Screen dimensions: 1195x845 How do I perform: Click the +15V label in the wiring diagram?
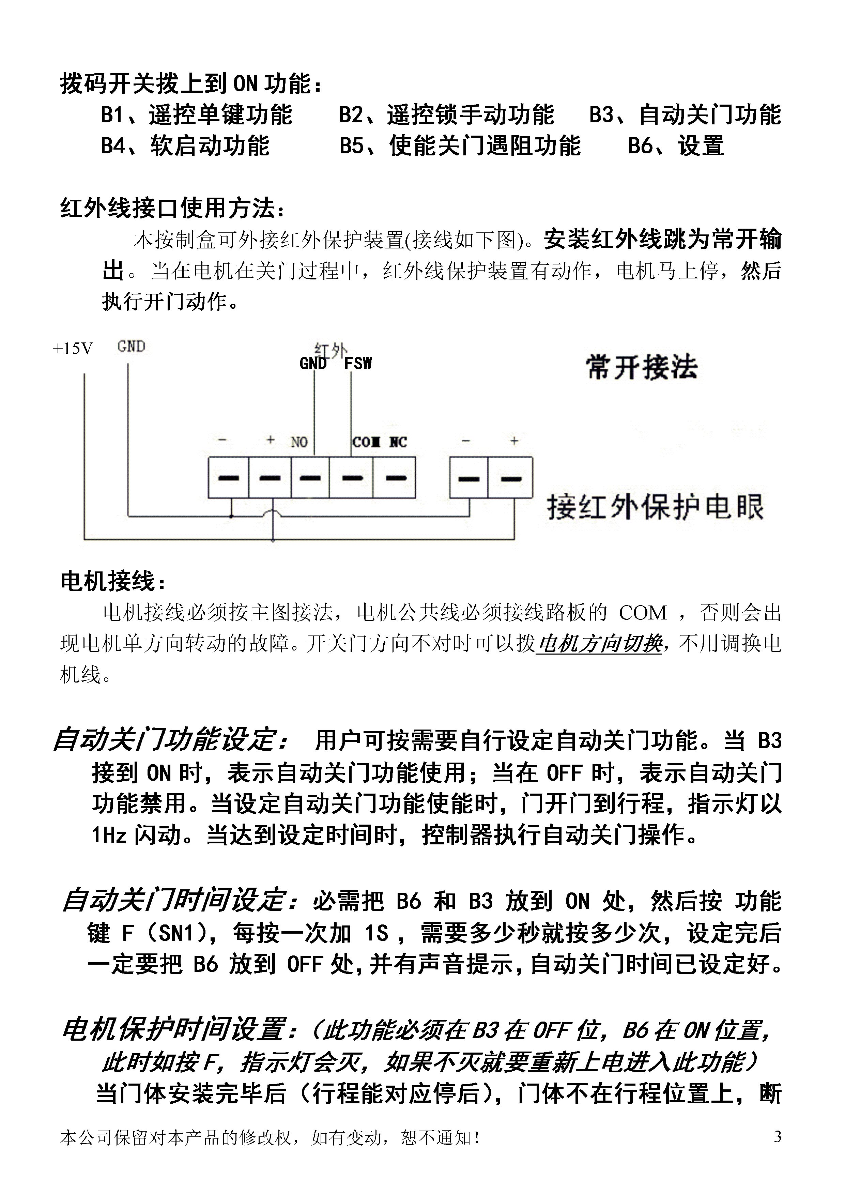73,349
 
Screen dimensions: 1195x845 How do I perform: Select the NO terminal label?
299,442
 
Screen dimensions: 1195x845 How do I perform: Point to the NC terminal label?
398,442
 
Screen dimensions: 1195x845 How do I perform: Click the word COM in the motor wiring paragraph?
643,613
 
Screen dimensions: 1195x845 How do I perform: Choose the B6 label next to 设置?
640,146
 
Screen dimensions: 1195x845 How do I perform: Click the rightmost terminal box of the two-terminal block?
510,477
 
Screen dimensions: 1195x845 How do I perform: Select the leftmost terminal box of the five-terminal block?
228,477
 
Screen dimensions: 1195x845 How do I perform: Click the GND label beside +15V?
131,347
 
